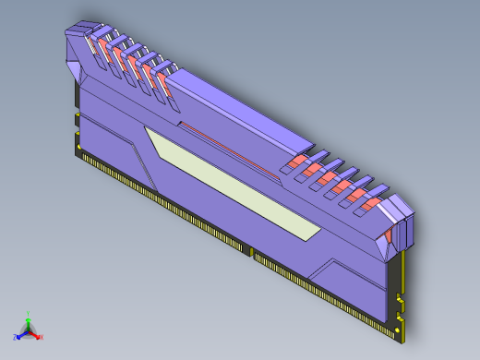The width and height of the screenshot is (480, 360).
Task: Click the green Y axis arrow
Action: coord(29,318)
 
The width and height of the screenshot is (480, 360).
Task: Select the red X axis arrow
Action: coord(38,335)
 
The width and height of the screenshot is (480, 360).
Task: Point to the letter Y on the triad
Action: coord(29,313)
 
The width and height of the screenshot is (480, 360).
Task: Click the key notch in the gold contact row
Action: coord(249,251)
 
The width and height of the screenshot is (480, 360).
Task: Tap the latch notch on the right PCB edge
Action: coord(401,299)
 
